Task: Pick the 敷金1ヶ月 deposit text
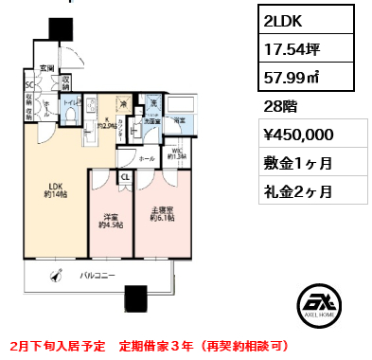click(x=298, y=163)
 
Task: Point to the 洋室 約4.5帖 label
click(x=111, y=221)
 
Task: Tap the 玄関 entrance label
click(x=45, y=67)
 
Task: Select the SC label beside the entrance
click(x=29, y=81)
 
